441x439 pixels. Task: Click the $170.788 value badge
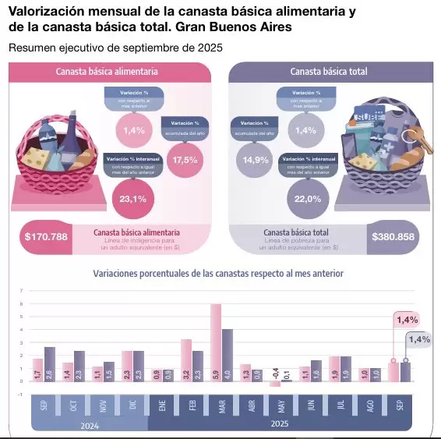(46, 236)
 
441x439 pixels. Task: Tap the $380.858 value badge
(393, 236)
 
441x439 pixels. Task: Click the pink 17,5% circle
(185, 159)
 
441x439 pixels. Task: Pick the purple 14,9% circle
(256, 159)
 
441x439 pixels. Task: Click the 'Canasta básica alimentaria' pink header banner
(108, 71)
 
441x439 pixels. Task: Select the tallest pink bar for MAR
(216, 342)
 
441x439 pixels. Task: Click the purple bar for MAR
(228, 355)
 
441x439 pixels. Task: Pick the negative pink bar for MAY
(275, 384)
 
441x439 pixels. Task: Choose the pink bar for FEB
(186, 359)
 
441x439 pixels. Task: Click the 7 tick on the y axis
(21, 290)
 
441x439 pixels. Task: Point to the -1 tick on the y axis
(21, 395)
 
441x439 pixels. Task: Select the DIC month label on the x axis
(132, 407)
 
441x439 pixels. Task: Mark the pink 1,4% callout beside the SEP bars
(407, 319)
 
